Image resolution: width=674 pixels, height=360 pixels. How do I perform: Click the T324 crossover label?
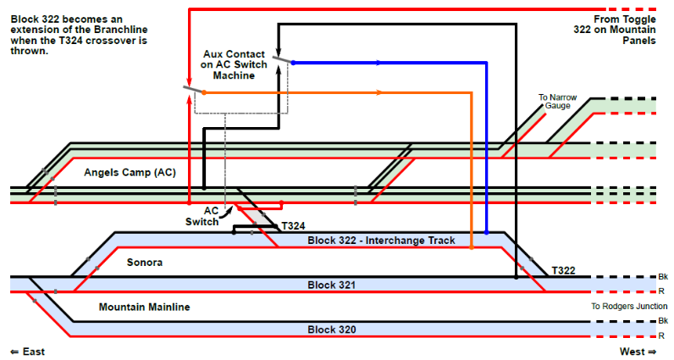point(293,226)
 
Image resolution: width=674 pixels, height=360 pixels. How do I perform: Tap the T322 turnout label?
point(564,270)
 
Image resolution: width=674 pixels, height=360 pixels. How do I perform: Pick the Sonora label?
point(144,263)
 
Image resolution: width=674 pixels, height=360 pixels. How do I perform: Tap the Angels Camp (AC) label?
point(130,172)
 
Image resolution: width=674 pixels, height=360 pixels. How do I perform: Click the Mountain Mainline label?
point(144,307)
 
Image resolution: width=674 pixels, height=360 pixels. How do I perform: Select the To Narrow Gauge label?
point(557,102)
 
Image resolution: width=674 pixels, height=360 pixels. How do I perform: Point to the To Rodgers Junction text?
point(629,306)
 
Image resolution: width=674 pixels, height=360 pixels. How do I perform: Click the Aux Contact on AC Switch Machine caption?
point(234,64)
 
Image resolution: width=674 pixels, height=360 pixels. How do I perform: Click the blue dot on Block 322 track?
point(486,232)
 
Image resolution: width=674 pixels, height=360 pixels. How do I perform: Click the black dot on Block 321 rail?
point(516,277)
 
